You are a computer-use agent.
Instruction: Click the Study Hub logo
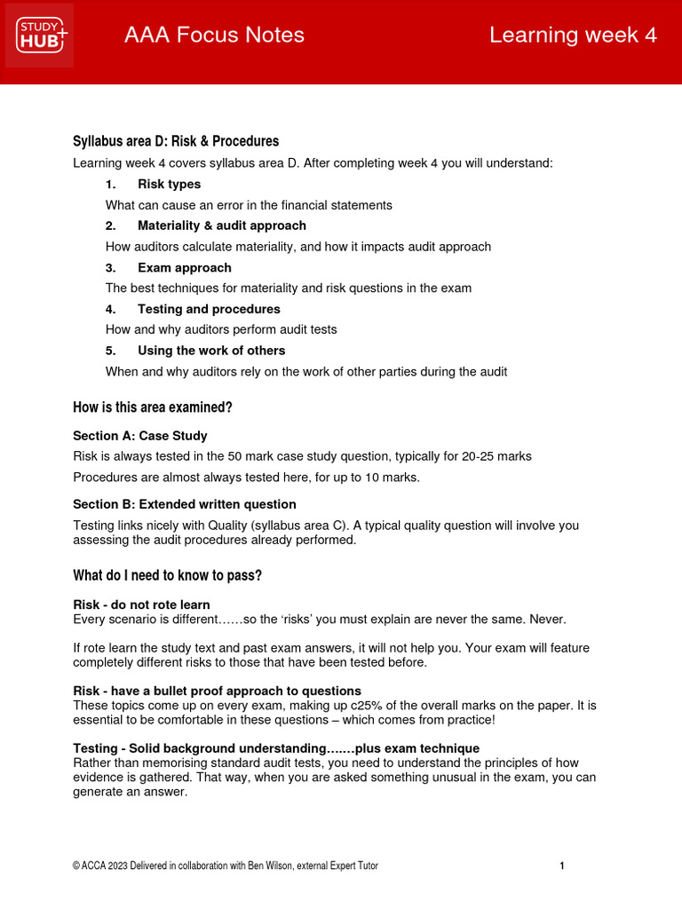(41, 36)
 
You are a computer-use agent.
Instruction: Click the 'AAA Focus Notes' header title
(214, 36)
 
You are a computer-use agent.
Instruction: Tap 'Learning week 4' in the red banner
(573, 36)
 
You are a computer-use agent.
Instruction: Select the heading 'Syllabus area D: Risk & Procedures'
(176, 141)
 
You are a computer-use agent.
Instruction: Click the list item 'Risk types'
(169, 184)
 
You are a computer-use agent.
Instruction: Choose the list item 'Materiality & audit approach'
(221, 225)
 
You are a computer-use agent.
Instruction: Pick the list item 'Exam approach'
(184, 267)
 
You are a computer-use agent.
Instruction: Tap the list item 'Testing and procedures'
(209, 309)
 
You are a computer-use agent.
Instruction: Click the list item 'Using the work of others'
(211, 351)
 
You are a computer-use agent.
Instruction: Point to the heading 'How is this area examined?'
(152, 407)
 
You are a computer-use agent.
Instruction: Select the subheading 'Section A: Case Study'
(140, 436)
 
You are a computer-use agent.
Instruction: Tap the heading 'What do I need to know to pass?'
(167, 575)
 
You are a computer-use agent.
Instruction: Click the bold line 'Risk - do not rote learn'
(141, 605)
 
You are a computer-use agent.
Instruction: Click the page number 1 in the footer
(562, 866)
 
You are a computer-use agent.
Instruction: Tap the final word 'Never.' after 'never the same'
(547, 618)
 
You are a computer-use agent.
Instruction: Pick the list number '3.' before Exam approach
(111, 267)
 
